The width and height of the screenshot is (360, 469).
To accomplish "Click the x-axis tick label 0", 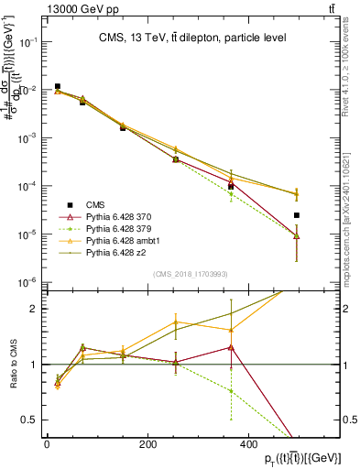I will tap(47, 444).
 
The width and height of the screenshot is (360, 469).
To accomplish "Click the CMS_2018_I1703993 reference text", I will tap(191, 273).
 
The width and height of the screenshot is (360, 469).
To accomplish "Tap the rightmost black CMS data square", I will tap(297, 215).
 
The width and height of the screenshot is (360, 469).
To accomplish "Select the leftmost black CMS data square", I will tap(57, 86).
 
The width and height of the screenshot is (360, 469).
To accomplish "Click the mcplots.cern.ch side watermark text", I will tap(353, 211).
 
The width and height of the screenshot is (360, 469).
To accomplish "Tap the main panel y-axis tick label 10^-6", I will tap(28, 282).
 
